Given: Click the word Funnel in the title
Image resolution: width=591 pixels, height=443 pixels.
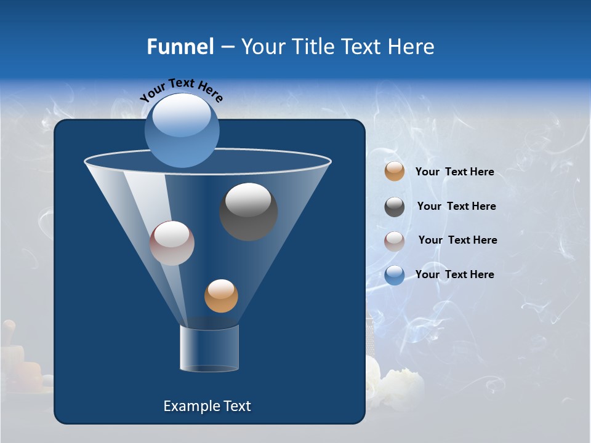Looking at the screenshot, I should (x=180, y=47).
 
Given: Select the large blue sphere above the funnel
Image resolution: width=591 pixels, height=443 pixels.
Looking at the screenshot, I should (x=182, y=130).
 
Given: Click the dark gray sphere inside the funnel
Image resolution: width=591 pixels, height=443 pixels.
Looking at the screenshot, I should (x=248, y=212).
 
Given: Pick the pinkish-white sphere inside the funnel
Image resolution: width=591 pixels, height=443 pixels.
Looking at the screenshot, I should (x=172, y=243).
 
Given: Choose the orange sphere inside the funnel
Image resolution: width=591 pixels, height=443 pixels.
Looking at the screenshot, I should (x=221, y=296).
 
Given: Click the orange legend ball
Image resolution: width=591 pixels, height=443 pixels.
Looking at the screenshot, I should (x=395, y=172).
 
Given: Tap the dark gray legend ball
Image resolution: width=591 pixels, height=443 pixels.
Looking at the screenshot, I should (x=395, y=207).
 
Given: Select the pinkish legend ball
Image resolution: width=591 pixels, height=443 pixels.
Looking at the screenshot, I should (x=395, y=241).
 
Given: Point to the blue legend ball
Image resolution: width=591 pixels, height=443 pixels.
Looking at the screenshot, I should (x=395, y=275).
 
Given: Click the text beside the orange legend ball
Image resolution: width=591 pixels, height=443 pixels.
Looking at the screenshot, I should (x=454, y=172).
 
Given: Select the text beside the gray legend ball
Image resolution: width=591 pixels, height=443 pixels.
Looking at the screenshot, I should (x=456, y=206).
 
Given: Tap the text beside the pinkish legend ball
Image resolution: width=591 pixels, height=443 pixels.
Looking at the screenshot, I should (x=457, y=240).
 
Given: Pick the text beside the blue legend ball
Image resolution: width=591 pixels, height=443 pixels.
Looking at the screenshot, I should (x=454, y=274).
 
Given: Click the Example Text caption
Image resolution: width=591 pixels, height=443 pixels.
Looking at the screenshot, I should (x=207, y=406).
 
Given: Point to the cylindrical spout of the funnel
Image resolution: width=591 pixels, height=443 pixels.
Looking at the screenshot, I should (x=209, y=348).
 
